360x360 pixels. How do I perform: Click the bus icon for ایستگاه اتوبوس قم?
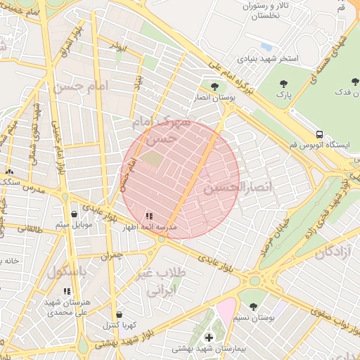click(320, 134)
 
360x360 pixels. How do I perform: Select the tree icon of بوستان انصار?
click(214, 86)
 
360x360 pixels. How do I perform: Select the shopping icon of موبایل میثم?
click(74, 214)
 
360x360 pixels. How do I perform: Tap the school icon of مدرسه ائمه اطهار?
click(148, 216)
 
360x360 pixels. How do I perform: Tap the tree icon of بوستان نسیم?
click(253, 307)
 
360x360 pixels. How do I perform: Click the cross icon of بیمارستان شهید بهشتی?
click(209, 338)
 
